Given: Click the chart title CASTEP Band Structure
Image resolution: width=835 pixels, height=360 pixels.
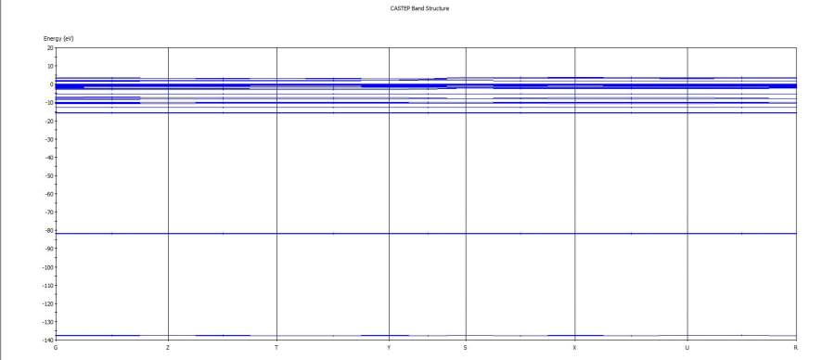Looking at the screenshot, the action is coord(419,8).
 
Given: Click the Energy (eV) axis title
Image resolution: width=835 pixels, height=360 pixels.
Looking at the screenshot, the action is coord(58,39).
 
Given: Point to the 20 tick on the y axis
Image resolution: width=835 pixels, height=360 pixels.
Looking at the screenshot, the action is coord(50,48).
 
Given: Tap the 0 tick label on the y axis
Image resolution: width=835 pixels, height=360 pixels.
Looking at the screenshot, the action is coord(52,84).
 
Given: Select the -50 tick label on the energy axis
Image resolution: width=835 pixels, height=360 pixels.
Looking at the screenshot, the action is coord(49,175).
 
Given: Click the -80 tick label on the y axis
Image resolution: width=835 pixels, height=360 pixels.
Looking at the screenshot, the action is coord(49,231).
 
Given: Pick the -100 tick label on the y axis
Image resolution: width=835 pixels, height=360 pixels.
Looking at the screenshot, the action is coord(48,267).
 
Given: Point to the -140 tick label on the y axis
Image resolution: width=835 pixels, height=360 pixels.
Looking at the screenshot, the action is coord(48,340).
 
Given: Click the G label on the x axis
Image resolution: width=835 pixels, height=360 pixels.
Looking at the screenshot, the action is coord(56,348).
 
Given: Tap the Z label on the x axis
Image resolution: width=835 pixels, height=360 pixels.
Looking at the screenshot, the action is coord(168,348).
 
